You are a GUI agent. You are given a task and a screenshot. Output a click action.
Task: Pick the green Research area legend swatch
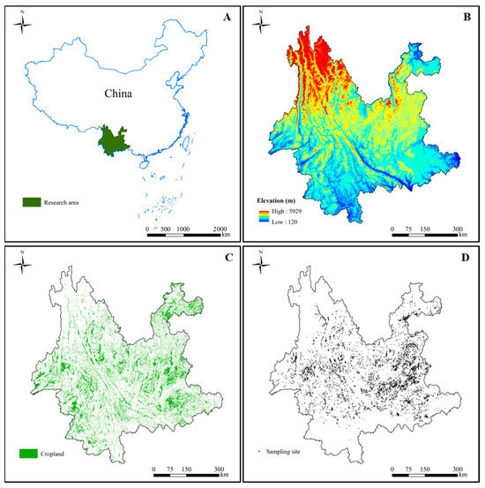(x=32, y=202)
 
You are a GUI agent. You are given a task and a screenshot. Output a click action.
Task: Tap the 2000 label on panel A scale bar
(x=220, y=228)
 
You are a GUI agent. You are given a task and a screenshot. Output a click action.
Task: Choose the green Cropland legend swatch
(x=26, y=454)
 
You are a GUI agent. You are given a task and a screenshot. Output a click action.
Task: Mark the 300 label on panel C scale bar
(x=220, y=469)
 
